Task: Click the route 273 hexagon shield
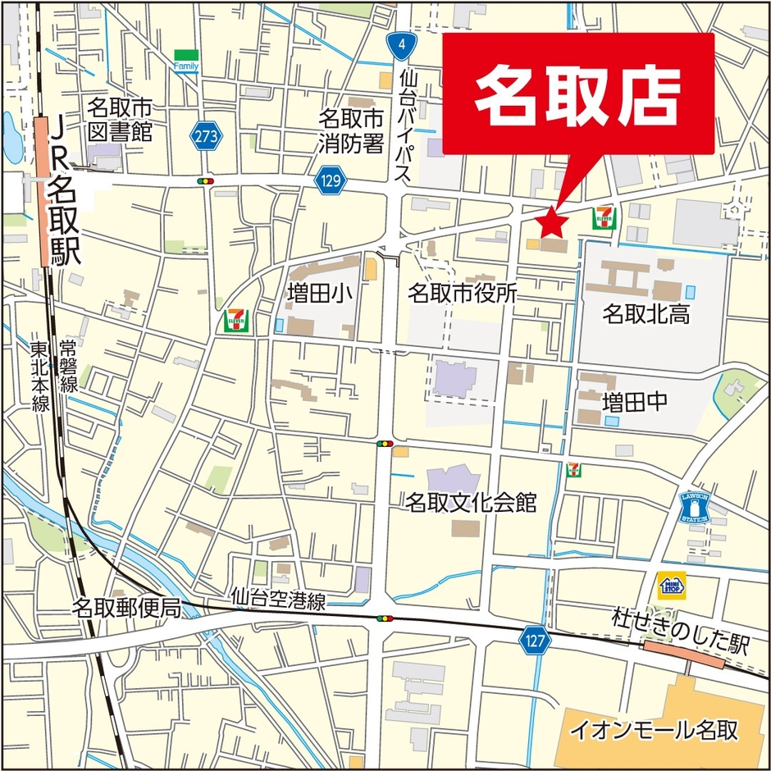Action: [x=208, y=137]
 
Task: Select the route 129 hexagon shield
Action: [x=331, y=179]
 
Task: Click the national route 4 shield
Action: [x=399, y=46]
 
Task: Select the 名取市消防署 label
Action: [x=351, y=131]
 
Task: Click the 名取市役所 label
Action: [x=462, y=293]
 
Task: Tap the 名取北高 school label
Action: [x=646, y=313]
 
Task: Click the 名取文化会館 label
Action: [x=471, y=502]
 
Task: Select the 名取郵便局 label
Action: [x=125, y=608]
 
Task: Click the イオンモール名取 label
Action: [x=655, y=729]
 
